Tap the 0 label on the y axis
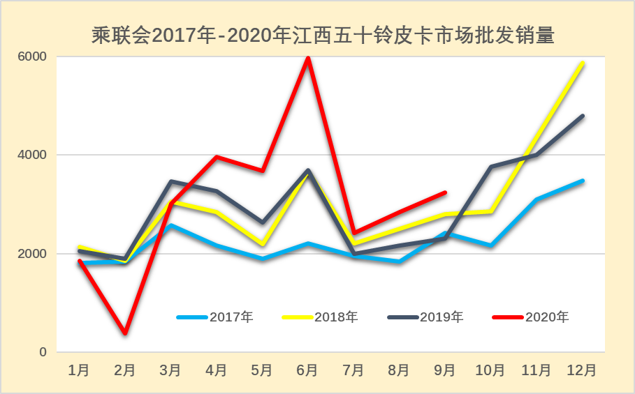(x=43, y=353)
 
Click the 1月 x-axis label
(x=79, y=370)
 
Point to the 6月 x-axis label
(x=308, y=370)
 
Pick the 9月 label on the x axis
(x=445, y=370)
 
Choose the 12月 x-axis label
(x=582, y=370)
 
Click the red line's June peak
(x=308, y=58)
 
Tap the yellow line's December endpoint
(x=583, y=63)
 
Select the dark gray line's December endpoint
(x=583, y=116)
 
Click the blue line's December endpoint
(x=583, y=181)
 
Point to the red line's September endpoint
(x=445, y=192)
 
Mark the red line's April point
(x=217, y=157)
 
